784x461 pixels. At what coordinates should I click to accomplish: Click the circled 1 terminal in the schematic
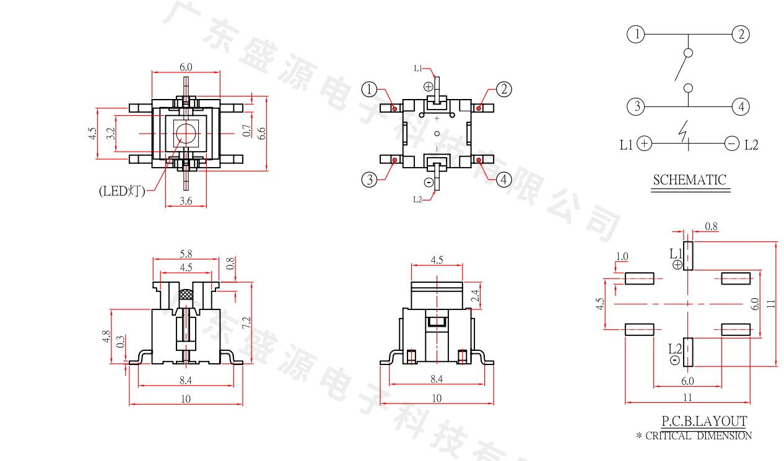click(x=636, y=35)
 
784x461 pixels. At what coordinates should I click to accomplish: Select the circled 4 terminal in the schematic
click(x=740, y=107)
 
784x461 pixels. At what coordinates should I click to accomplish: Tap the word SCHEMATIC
click(x=689, y=180)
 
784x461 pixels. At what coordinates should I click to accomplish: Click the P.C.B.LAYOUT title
click(x=704, y=421)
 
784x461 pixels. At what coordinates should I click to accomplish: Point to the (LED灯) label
click(x=121, y=191)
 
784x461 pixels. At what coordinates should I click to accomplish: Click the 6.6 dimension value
click(x=261, y=132)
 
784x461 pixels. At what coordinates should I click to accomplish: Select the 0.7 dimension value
click(x=247, y=131)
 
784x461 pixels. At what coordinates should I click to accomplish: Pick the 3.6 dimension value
click(x=186, y=200)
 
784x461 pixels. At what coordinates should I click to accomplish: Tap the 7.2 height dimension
click(x=246, y=322)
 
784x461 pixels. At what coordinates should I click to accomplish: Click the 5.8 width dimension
click(x=185, y=254)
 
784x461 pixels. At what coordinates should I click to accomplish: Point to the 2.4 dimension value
click(x=475, y=295)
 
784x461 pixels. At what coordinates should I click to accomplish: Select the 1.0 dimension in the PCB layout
click(x=622, y=257)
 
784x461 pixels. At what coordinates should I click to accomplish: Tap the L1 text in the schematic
click(x=626, y=145)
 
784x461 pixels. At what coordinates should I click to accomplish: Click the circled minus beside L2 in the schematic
click(x=731, y=144)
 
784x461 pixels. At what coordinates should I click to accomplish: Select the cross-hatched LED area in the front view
click(x=186, y=295)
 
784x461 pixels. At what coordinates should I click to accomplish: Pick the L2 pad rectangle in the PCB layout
click(x=688, y=351)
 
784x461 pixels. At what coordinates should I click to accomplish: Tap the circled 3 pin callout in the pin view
click(x=370, y=180)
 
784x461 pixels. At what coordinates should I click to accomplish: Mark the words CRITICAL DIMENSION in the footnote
click(x=699, y=436)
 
